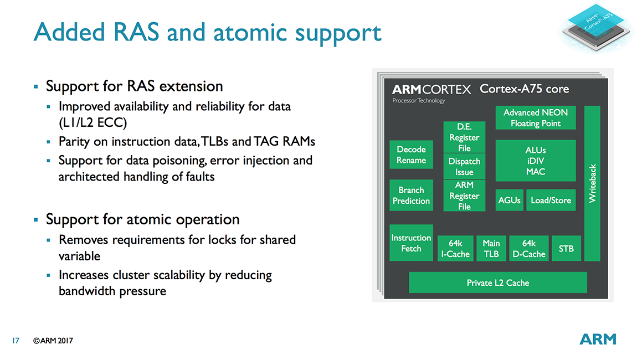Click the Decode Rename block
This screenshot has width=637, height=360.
pyautogui.click(x=411, y=155)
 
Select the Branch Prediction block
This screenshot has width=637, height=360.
pyautogui.click(x=411, y=196)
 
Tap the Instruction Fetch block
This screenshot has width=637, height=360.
pyautogui.click(x=411, y=243)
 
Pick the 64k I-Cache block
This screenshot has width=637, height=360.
pyautogui.click(x=455, y=248)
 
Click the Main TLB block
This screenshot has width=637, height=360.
pyautogui.click(x=491, y=248)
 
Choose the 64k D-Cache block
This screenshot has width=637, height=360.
pyautogui.click(x=529, y=248)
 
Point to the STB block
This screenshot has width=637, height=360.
pyautogui.click(x=566, y=248)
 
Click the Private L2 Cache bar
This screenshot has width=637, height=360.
pyautogui.click(x=497, y=282)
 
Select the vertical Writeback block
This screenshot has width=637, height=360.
pyautogui.click(x=592, y=183)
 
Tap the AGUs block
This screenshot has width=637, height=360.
pyautogui.click(x=510, y=200)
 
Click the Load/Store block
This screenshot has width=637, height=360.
pyautogui.click(x=551, y=200)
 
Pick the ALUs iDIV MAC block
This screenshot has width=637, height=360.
pyautogui.click(x=536, y=161)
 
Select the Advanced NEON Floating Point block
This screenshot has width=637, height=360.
pyautogui.click(x=536, y=118)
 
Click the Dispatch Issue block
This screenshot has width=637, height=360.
pyautogui.click(x=464, y=166)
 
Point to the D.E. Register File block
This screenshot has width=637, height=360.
pyautogui.click(x=464, y=137)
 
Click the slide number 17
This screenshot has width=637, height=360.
pyautogui.click(x=16, y=341)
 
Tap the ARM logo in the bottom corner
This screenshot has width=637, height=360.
pyautogui.click(x=598, y=340)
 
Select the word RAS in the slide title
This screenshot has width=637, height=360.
pyautogui.click(x=136, y=32)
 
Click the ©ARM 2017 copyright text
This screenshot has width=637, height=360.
pyautogui.click(x=53, y=341)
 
